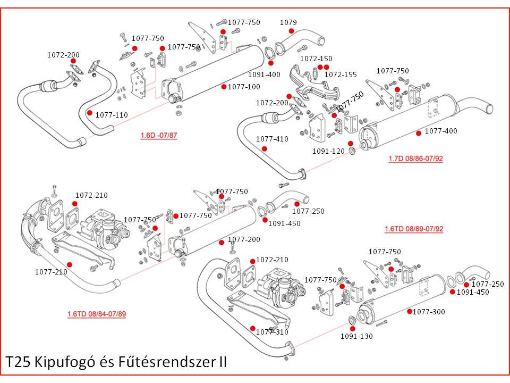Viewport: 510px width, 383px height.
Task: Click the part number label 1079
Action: [x=288, y=22]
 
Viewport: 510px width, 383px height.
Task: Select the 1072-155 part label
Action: [x=341, y=74]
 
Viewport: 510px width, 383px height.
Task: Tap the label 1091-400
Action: [x=264, y=74]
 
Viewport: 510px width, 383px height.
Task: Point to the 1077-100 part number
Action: [x=244, y=87]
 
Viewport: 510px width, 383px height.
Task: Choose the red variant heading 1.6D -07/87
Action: [x=159, y=136]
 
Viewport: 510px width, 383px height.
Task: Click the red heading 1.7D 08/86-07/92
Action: [x=415, y=159]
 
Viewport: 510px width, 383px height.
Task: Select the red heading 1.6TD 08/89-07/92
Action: [x=414, y=229]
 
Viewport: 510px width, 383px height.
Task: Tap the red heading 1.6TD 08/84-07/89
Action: [x=97, y=314]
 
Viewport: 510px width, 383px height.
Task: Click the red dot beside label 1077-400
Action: [x=419, y=132]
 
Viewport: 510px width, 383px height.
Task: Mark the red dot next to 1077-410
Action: [x=271, y=148]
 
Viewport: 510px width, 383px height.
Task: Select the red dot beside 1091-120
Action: [x=351, y=144]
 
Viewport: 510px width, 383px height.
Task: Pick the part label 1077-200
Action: [x=244, y=240]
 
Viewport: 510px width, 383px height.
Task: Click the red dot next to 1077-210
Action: [x=70, y=264]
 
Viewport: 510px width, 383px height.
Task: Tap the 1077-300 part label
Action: [x=429, y=312]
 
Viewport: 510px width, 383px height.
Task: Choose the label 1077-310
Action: [x=272, y=332]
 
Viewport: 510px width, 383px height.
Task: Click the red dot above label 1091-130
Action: [x=352, y=329]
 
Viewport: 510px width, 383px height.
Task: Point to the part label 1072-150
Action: [x=316, y=59]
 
